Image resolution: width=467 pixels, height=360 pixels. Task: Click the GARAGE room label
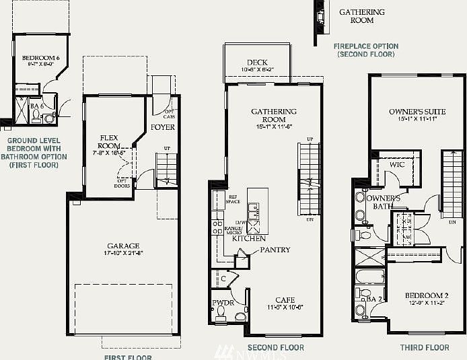pos(123,246)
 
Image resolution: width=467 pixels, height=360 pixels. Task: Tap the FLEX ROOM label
pos(108,141)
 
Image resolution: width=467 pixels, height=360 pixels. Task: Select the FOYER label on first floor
pos(163,127)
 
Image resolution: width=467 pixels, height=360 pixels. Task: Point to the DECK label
pos(257,63)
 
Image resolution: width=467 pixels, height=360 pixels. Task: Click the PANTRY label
pos(275,250)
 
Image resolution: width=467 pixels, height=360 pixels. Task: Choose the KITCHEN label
pos(248,238)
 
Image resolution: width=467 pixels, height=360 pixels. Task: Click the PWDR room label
pos(222,303)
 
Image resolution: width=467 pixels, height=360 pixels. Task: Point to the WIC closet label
pos(397,164)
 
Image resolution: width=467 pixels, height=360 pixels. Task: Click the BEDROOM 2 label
pos(427,295)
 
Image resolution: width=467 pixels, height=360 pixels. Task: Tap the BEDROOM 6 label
pos(40,59)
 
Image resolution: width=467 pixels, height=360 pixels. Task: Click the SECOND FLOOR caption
pos(275,347)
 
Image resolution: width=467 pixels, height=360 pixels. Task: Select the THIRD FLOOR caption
pos(424,347)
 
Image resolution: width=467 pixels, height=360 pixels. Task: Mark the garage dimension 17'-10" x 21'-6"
pos(123,253)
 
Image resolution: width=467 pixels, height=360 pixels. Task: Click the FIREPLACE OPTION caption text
pos(366,46)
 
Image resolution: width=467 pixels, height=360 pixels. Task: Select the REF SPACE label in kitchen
pos(233,199)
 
